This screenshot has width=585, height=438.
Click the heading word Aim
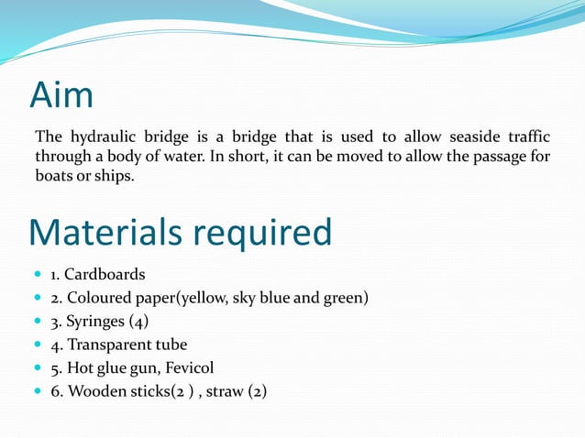click(61, 95)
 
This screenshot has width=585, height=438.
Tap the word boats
click(54, 176)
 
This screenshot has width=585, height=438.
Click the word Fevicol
click(187, 368)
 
